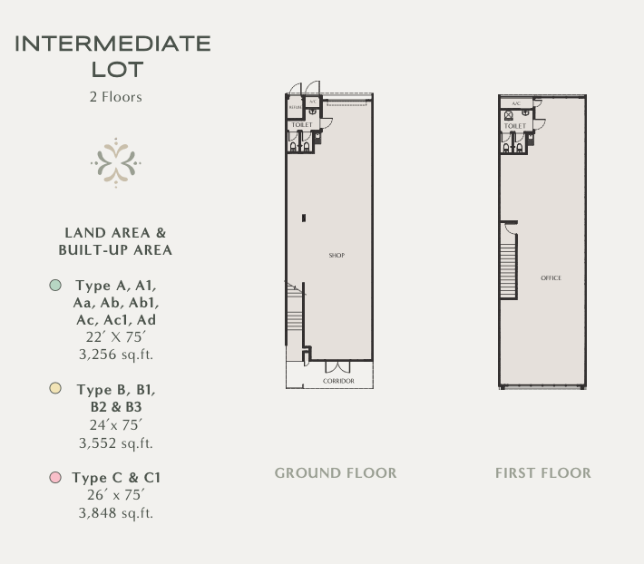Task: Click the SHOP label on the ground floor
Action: click(337, 256)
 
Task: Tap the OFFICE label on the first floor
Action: click(551, 278)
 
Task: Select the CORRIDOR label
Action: click(338, 382)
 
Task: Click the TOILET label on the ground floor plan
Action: click(302, 125)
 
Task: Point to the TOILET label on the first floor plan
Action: click(515, 127)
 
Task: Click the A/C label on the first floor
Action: click(516, 103)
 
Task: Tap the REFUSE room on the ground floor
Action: click(295, 107)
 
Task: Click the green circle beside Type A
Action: click(55, 286)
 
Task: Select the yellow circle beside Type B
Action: click(55, 389)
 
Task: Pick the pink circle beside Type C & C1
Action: click(55, 477)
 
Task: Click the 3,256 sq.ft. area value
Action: click(116, 355)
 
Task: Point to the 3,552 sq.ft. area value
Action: click(116, 443)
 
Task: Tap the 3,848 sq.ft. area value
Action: click(116, 513)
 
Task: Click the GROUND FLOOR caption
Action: click(336, 473)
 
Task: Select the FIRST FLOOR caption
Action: click(542, 473)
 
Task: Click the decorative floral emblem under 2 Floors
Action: click(115, 163)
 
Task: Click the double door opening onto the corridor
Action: click(337, 367)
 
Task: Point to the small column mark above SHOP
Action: click(304, 218)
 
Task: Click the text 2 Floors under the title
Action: click(115, 97)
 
